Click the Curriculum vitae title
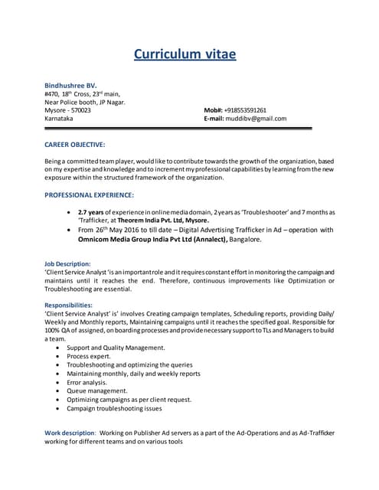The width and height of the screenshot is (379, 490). (185, 54)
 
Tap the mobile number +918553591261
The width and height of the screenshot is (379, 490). (245, 110)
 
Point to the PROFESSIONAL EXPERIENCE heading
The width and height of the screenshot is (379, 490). (90, 194)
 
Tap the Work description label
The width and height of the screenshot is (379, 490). (70, 433)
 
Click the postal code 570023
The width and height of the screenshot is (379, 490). (79, 110)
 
